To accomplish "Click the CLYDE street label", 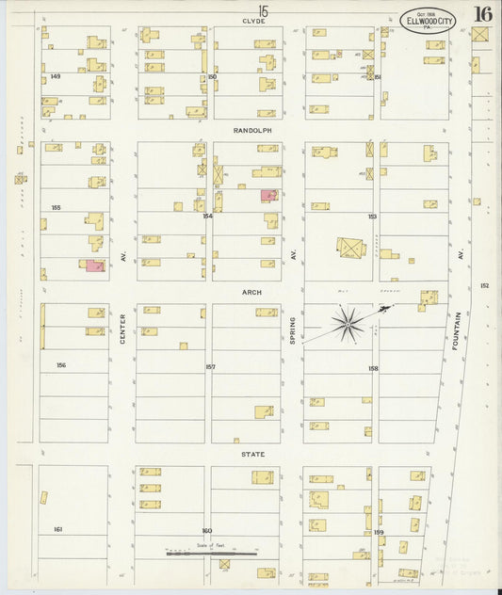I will pyautogui.click(x=252, y=20).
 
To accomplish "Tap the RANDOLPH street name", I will pyautogui.click(x=252, y=131).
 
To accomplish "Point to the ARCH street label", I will pyautogui.click(x=252, y=293).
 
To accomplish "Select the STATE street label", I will pyautogui.click(x=251, y=455).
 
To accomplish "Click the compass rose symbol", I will pyautogui.click(x=349, y=325).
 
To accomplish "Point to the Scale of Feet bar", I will pyautogui.click(x=212, y=554).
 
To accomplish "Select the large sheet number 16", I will pyautogui.click(x=482, y=14).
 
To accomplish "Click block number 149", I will pyautogui.click(x=55, y=76).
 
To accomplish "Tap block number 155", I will pyautogui.click(x=57, y=207).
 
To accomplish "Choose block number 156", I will pyautogui.click(x=61, y=365).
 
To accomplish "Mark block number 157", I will pyautogui.click(x=210, y=367).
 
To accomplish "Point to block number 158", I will pyautogui.click(x=373, y=368).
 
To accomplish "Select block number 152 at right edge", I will pyautogui.click(x=484, y=285).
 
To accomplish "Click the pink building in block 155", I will pyautogui.click(x=95, y=266).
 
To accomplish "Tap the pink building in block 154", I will pyautogui.click(x=268, y=196).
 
